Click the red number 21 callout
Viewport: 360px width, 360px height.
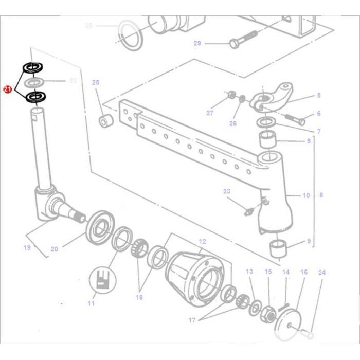(7, 89)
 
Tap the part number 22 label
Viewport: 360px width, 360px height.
(73, 81)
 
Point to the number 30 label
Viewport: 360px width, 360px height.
(88, 25)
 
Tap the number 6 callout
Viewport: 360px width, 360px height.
(318, 114)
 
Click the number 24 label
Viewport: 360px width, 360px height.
(321, 272)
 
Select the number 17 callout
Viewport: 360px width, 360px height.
(192, 320)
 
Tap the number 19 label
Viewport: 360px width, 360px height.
(27, 248)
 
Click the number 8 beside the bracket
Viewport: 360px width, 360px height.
(321, 195)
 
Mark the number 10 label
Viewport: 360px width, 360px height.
(306, 195)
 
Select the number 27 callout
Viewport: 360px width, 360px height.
(209, 113)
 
